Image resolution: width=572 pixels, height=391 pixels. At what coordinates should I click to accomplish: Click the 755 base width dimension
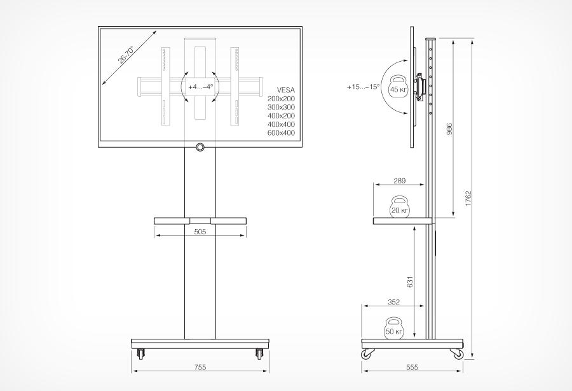coord(200,367)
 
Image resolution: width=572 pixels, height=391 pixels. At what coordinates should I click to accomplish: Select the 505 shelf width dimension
coord(200,232)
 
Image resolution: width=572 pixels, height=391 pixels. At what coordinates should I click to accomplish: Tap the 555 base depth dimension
coord(412,367)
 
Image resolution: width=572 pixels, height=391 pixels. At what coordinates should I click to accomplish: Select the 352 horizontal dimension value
coord(393,302)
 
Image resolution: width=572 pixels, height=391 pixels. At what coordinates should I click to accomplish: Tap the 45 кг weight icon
coord(398,87)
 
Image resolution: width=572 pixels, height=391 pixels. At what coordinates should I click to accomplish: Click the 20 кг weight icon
coord(399,207)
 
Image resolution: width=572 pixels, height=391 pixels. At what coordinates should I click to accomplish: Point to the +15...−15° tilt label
coord(363,87)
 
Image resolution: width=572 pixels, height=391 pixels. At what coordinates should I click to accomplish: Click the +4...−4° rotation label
coord(200,86)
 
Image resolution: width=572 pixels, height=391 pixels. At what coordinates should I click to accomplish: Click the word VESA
coord(286,90)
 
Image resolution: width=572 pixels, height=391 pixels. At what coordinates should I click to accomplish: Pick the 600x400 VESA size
coord(282,133)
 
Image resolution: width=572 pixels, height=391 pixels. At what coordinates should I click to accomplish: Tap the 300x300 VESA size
coord(282,108)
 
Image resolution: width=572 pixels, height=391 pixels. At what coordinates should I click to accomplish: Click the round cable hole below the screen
coord(200,148)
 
